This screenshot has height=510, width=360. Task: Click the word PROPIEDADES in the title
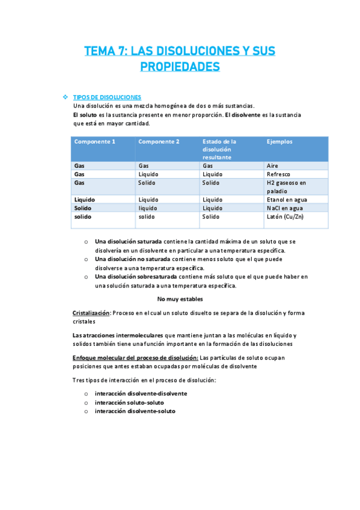point(180,66)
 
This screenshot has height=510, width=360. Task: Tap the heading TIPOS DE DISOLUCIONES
point(107,97)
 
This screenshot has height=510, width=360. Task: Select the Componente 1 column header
point(94,142)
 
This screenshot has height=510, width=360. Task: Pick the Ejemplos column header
point(279,142)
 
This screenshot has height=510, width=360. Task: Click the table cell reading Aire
point(273,165)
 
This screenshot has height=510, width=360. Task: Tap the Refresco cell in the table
point(279,174)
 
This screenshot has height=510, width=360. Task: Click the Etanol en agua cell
point(290,199)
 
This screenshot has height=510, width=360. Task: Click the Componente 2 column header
point(159,142)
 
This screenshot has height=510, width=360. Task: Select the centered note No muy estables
point(180,299)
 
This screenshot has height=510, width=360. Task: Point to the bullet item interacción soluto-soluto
point(129,402)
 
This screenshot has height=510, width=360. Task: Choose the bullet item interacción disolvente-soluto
point(135,411)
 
